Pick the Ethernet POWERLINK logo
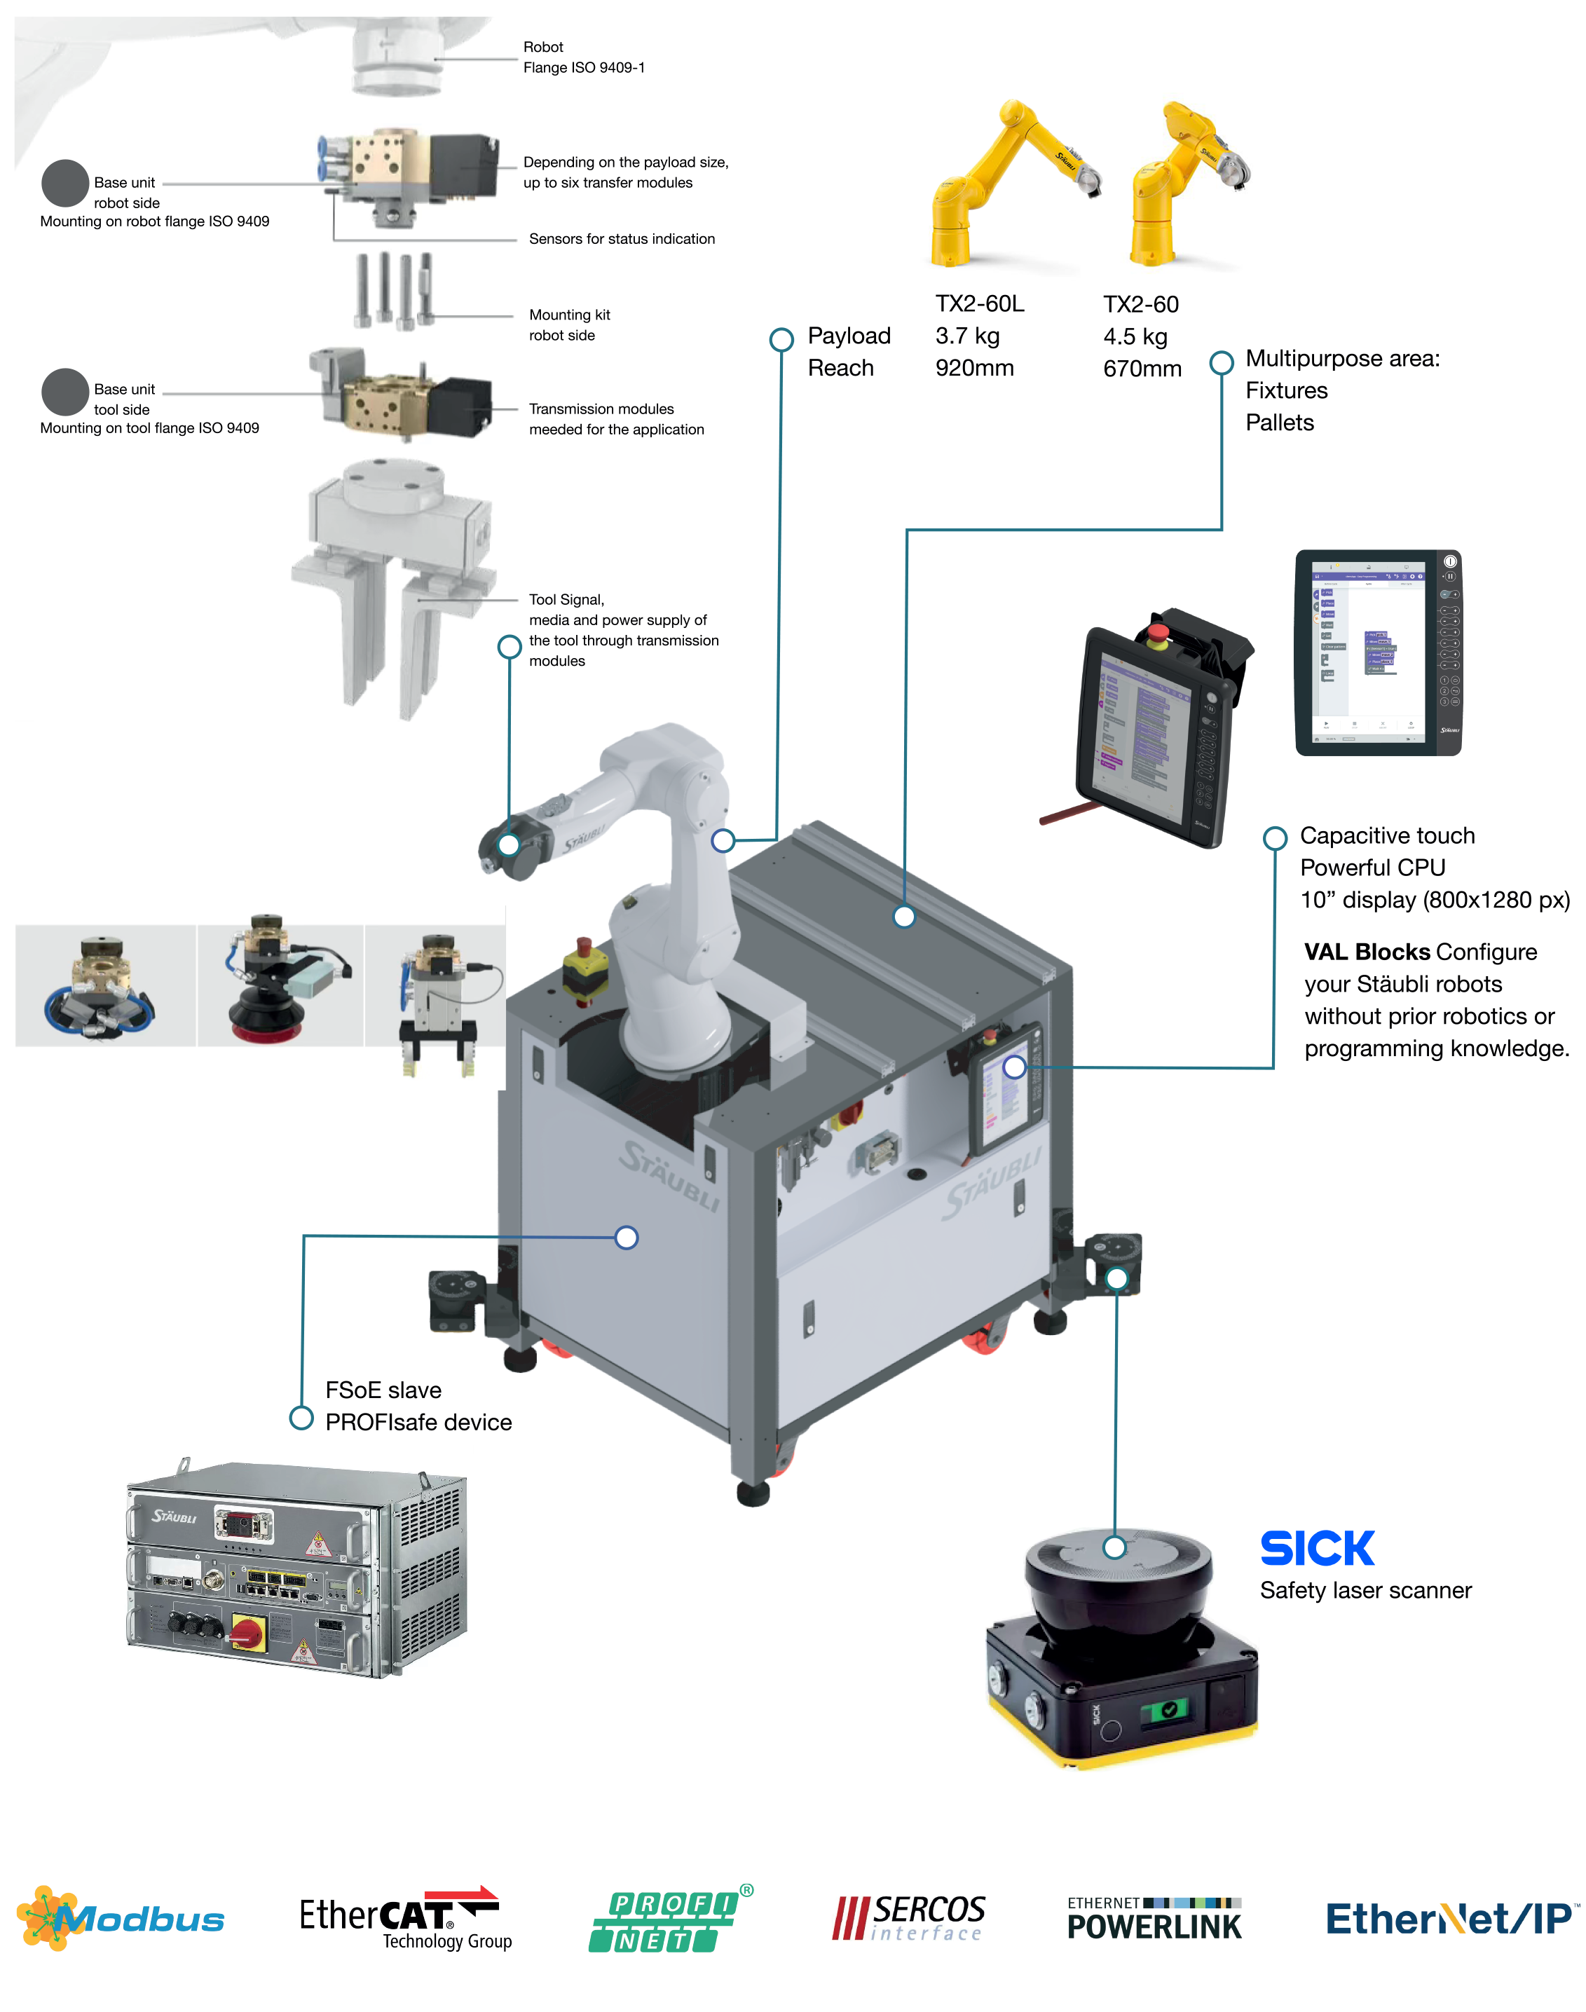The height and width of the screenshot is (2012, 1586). pos(1154,1919)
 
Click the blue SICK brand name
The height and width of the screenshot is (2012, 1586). pos(1317,1549)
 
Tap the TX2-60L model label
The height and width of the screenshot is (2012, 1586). pos(980,305)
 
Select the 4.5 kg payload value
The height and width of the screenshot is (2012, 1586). pos(1135,336)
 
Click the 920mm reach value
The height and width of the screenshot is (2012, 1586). pos(974,369)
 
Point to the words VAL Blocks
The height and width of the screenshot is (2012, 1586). pos(1366,952)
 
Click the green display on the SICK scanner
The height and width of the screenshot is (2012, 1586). pos(1168,1709)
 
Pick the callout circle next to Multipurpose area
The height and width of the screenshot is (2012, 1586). pos(1222,362)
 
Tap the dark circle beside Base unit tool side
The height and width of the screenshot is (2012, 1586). pos(65,392)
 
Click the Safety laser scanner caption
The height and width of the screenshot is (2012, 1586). pos(1365,1591)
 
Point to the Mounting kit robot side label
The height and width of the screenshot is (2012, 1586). pos(569,325)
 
